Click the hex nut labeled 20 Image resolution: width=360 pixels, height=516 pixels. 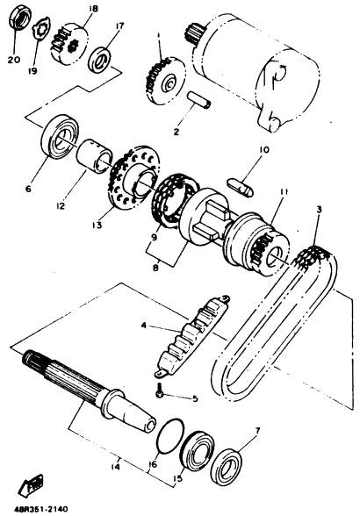pos(20,18)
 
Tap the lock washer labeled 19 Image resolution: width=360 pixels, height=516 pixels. pos(41,29)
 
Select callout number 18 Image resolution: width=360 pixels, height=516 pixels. pos(93,8)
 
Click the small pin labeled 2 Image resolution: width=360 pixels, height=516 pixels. pos(199,100)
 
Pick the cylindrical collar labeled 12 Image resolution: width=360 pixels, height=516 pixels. pos(95,155)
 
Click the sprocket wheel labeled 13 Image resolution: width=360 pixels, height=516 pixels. pos(134,177)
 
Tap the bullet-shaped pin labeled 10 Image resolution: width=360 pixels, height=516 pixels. pos(241,188)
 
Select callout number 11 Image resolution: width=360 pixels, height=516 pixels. pos(284,191)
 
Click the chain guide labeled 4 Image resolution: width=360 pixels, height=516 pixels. pos(191,335)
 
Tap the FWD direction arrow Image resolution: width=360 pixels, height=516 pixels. pos(32,485)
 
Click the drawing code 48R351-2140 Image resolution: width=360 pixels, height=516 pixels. pos(41,509)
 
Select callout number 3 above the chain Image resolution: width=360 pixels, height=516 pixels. pos(319,210)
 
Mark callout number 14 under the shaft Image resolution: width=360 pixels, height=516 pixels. pos(116,467)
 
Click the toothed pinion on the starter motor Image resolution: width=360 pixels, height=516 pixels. pos(194,32)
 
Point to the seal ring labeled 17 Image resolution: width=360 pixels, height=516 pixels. pos(100,61)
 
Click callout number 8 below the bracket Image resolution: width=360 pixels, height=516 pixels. pos(155,268)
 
